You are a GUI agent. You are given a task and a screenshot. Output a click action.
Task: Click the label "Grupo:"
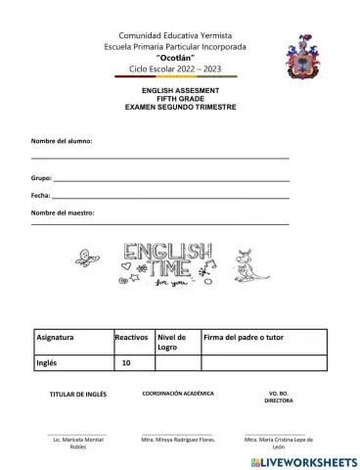pos(41,180)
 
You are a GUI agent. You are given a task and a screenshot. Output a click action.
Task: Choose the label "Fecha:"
pos(42,196)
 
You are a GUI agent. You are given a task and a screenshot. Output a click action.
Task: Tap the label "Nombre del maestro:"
pos(64,211)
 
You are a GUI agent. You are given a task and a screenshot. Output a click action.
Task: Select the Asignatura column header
pos(57,337)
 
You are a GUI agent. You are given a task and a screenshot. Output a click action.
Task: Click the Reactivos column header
pos(131,337)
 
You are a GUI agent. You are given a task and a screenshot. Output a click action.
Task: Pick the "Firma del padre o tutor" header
pos(246,337)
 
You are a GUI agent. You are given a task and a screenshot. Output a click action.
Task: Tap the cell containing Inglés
pos(49,362)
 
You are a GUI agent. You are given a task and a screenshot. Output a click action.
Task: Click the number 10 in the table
pos(126,362)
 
